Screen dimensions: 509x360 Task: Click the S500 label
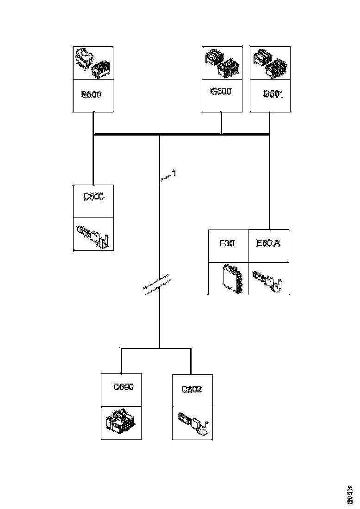pyautogui.click(x=91, y=95)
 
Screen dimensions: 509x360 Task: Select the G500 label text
pyautogui.click(x=221, y=92)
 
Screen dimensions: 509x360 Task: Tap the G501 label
pyautogui.click(x=273, y=94)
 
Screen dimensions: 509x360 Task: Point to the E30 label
pyautogui.click(x=227, y=243)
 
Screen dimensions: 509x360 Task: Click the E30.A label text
pyautogui.click(x=269, y=243)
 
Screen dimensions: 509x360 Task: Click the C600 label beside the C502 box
pyautogui.click(x=124, y=387)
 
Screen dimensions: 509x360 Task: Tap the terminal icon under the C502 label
pyautogui.click(x=193, y=423)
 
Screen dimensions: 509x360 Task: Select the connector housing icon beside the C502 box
pyautogui.click(x=121, y=422)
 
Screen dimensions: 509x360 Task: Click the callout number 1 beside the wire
pyautogui.click(x=174, y=174)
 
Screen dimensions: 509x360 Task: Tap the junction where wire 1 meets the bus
pyautogui.click(x=160, y=135)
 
